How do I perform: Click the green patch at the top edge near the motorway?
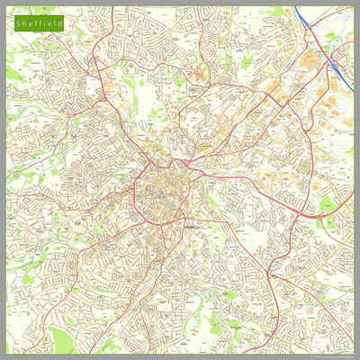274,12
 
